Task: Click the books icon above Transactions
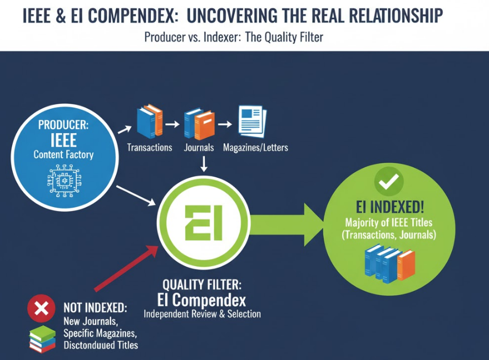150,121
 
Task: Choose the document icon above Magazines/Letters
253,121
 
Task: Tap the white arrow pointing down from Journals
204,164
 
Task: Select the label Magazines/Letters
255,147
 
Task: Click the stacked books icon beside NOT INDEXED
43,339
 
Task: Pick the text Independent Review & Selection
202,314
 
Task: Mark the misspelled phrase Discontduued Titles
101,345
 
